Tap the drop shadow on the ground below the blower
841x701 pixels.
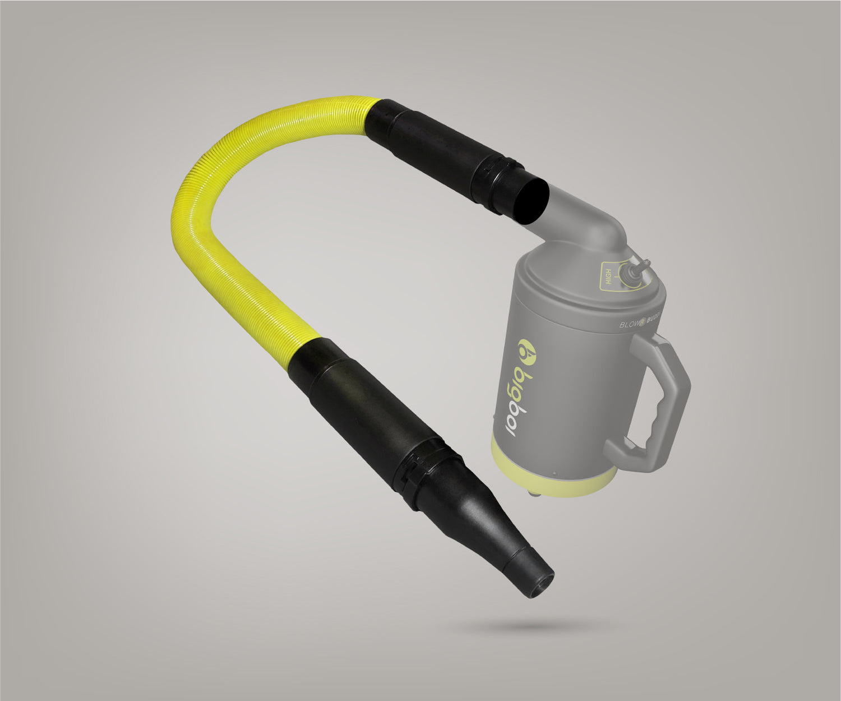[538, 625]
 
